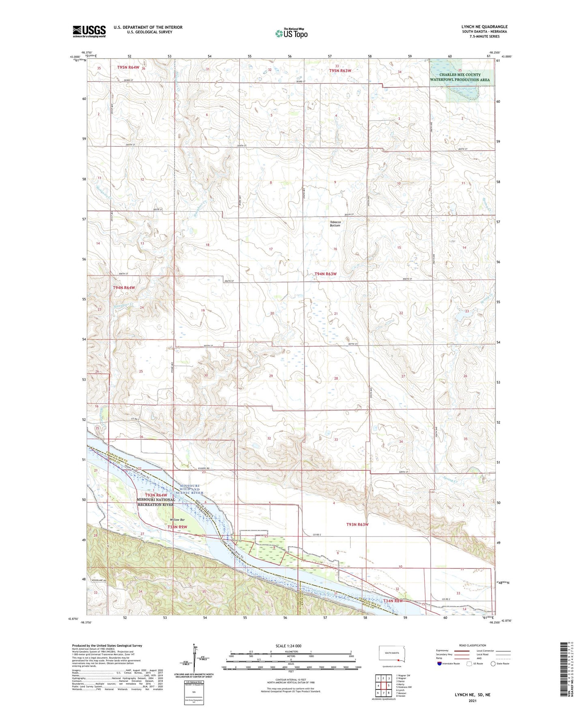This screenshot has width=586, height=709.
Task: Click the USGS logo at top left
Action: pyautogui.click(x=89, y=31)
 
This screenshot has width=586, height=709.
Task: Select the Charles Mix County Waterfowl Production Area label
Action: pyautogui.click(x=461, y=77)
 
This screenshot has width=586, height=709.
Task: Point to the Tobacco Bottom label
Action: pyautogui.click(x=335, y=224)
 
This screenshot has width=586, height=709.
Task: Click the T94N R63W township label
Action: pyautogui.click(x=326, y=274)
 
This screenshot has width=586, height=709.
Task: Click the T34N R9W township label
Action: pyautogui.click(x=177, y=527)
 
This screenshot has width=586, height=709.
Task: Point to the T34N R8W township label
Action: pyautogui.click(x=393, y=601)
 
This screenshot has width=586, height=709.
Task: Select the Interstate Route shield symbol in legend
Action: pyautogui.click(x=440, y=664)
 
